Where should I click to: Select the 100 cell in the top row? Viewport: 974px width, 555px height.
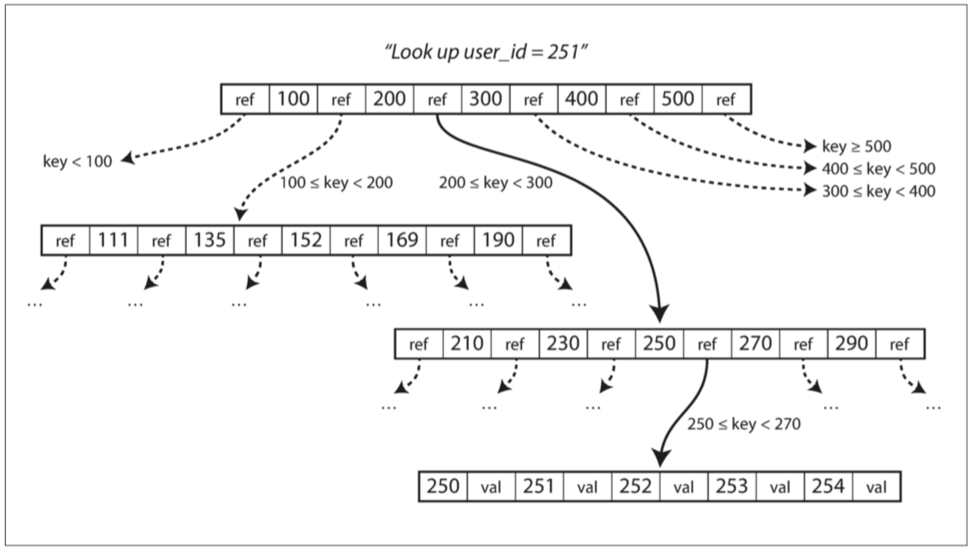pyautogui.click(x=293, y=99)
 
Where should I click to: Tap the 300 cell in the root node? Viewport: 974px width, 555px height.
pyautogui.click(x=485, y=99)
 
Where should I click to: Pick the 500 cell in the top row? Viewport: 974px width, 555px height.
pyautogui.click(x=678, y=99)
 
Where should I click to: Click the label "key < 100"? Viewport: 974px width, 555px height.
pyautogui.click(x=77, y=161)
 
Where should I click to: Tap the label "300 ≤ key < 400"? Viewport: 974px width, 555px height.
pyautogui.click(x=879, y=191)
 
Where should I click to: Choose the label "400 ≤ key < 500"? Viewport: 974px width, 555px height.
pyautogui.click(x=879, y=169)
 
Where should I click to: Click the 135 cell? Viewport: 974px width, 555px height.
pyautogui.click(x=209, y=241)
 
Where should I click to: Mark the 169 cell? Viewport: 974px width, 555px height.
pyautogui.click(x=402, y=241)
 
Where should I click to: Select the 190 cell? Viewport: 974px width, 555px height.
pyautogui.click(x=498, y=241)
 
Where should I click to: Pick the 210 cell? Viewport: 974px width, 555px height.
pyautogui.click(x=467, y=344)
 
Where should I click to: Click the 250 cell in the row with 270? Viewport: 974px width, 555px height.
pyautogui.click(x=659, y=344)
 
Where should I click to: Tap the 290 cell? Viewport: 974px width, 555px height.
pyautogui.click(x=852, y=344)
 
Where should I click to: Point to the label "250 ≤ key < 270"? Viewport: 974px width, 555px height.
pyautogui.click(x=743, y=425)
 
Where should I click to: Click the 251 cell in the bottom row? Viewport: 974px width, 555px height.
pyautogui.click(x=540, y=487)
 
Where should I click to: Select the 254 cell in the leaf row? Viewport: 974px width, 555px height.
pyautogui.click(x=828, y=487)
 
